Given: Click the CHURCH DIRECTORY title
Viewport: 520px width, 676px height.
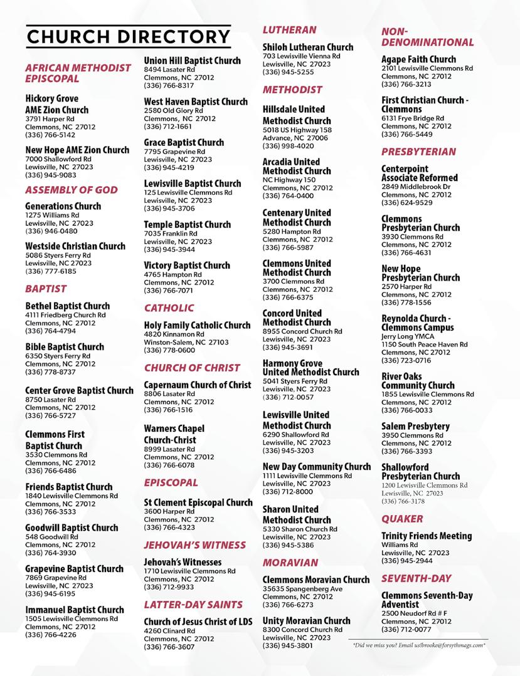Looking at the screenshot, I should pyautogui.click(x=128, y=36).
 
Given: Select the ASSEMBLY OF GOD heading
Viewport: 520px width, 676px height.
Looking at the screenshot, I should pyautogui.click(x=71, y=190).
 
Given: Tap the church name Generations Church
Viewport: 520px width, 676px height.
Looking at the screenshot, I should pyautogui.click(x=63, y=206).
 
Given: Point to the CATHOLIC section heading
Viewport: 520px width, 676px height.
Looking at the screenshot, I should pyautogui.click(x=169, y=308).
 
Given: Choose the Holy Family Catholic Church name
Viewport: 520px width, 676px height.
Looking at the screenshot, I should pyautogui.click(x=197, y=325).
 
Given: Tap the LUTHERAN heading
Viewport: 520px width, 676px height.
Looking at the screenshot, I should pyautogui.click(x=289, y=29).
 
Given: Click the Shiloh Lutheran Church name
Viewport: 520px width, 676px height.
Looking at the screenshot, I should pyautogui.click(x=307, y=47).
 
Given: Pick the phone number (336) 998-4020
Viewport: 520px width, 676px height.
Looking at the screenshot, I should pyautogui.click(x=288, y=146).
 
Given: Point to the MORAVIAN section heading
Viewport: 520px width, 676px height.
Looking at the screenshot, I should pyautogui.click(x=290, y=563).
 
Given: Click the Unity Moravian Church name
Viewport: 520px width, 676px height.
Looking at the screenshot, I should pyautogui.click(x=306, y=621).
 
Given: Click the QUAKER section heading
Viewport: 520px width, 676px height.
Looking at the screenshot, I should pyautogui.click(x=402, y=519).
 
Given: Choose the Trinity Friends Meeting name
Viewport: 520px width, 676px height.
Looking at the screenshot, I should pyautogui.click(x=427, y=536).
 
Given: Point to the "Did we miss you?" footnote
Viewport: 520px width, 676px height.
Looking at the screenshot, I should pyautogui.click(x=418, y=645).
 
